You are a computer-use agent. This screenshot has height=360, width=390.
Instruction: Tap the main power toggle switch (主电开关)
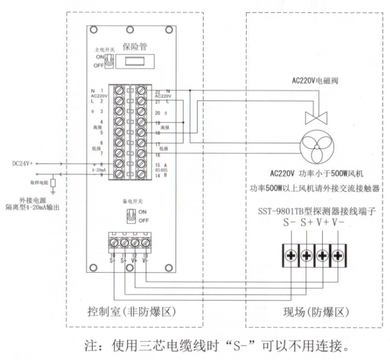tap(110, 59)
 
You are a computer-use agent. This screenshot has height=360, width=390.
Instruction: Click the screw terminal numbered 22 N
tap(142, 90)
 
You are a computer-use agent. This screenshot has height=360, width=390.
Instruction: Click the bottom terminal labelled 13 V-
tap(145, 242)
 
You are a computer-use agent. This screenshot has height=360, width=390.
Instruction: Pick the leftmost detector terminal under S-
tap(290, 256)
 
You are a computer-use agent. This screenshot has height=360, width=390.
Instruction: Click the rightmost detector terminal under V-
tap(337, 256)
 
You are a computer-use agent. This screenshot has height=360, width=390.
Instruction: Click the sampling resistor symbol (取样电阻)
tap(53, 183)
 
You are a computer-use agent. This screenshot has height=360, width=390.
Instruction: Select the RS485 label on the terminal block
tap(162, 169)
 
